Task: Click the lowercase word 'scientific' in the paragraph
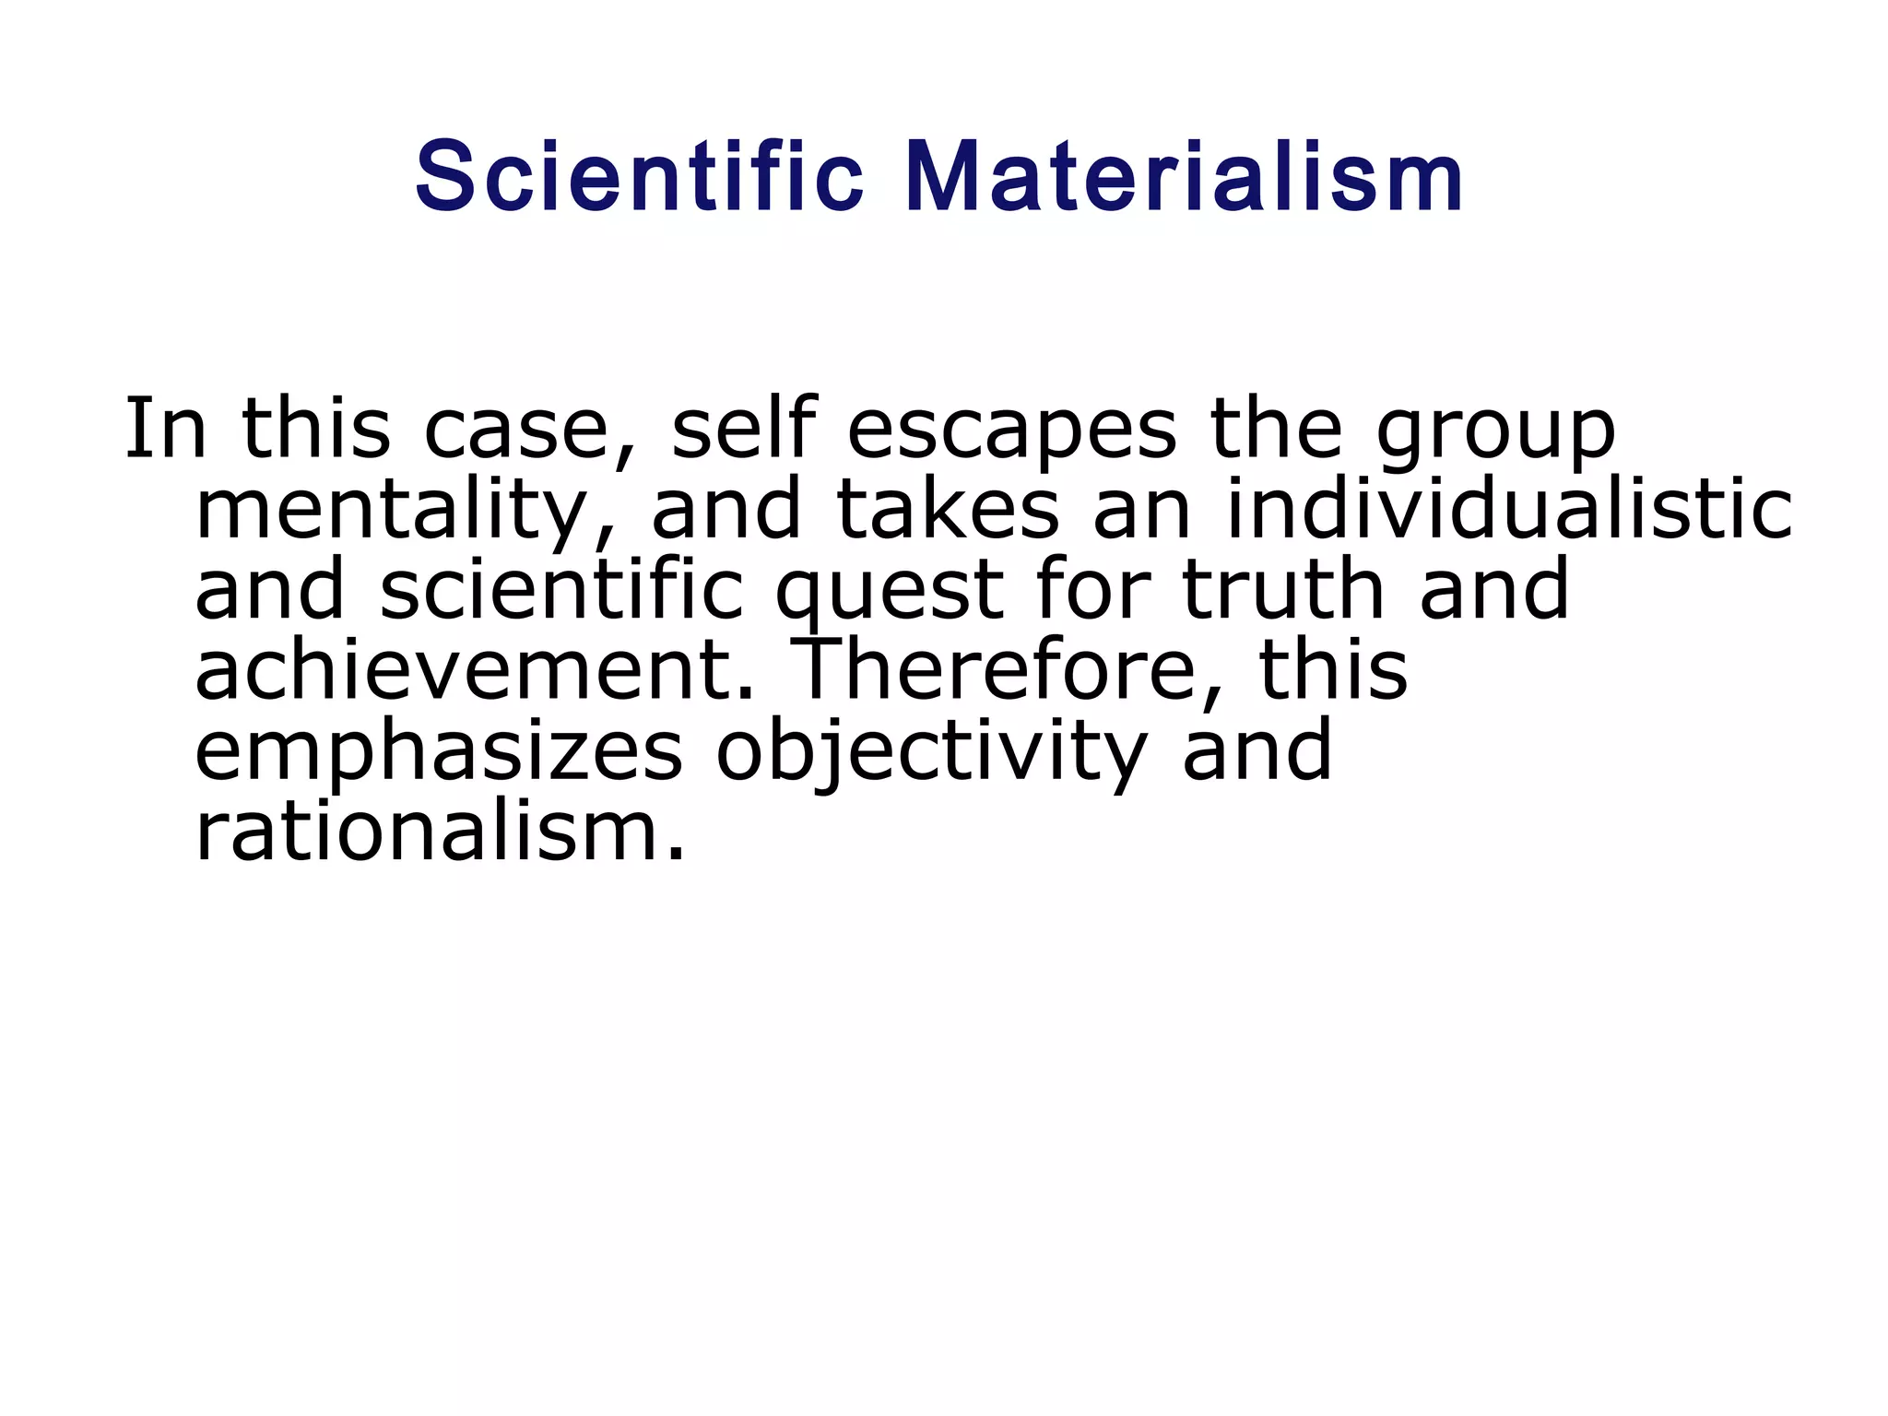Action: coord(561,590)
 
